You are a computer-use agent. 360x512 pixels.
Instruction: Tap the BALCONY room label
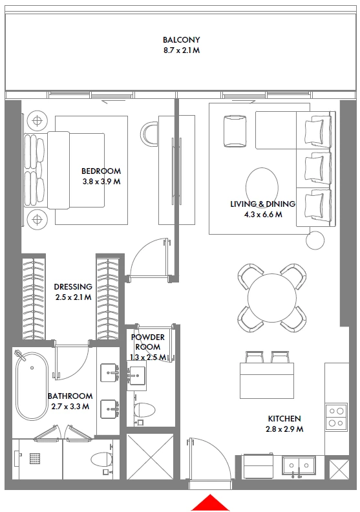(x=182, y=40)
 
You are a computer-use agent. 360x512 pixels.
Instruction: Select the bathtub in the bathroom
(x=32, y=386)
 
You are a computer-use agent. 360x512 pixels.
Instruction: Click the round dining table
(x=272, y=298)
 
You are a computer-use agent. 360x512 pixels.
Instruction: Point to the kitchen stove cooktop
(x=336, y=417)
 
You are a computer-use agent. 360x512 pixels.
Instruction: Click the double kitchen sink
(x=299, y=465)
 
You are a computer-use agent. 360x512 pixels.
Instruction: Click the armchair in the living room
(x=235, y=131)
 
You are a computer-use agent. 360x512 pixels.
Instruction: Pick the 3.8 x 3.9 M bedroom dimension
(x=101, y=182)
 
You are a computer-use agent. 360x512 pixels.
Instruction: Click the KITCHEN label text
(x=284, y=419)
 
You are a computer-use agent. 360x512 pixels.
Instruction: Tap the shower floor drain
(x=35, y=458)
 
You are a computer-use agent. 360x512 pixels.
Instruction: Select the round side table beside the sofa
(x=315, y=240)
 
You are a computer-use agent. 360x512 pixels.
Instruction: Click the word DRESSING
(x=73, y=286)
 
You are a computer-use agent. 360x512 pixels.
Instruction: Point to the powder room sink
(x=136, y=376)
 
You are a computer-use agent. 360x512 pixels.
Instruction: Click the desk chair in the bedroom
(x=149, y=134)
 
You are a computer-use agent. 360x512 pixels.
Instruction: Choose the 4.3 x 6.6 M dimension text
(x=263, y=215)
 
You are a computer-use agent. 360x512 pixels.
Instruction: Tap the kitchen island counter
(x=267, y=380)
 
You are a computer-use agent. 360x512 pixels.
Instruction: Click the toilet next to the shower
(x=101, y=460)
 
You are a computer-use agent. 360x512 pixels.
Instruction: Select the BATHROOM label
(x=70, y=396)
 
